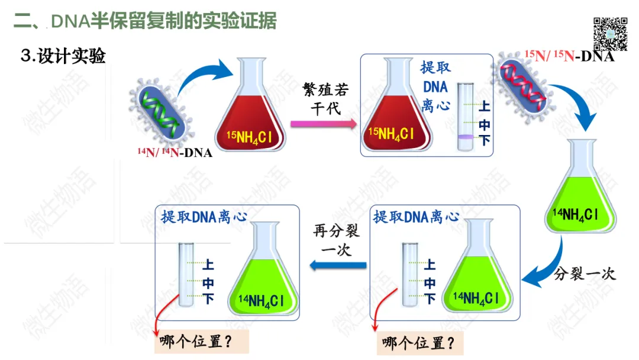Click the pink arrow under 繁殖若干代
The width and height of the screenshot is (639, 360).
pyautogui.click(x=323, y=124)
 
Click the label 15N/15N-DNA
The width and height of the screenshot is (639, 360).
pyautogui.click(x=569, y=57)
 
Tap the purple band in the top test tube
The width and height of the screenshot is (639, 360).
pyautogui.click(x=465, y=137)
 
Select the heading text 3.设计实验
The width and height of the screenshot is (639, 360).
pyautogui.click(x=63, y=57)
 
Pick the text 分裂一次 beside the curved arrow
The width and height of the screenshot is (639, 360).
pyautogui.click(x=585, y=274)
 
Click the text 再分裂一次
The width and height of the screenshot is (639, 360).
pyautogui.click(x=336, y=240)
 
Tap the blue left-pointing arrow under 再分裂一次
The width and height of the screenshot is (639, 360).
pyautogui.click(x=338, y=266)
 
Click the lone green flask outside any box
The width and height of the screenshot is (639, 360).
pyautogui.click(x=582, y=189)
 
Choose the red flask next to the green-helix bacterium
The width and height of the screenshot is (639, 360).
pyautogui.click(x=250, y=111)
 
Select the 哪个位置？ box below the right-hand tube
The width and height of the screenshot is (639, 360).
pyautogui.click(x=419, y=343)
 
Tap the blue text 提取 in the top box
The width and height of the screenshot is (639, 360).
pyautogui.click(x=435, y=66)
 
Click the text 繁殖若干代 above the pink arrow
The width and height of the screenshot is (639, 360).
pyautogui.click(x=325, y=98)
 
